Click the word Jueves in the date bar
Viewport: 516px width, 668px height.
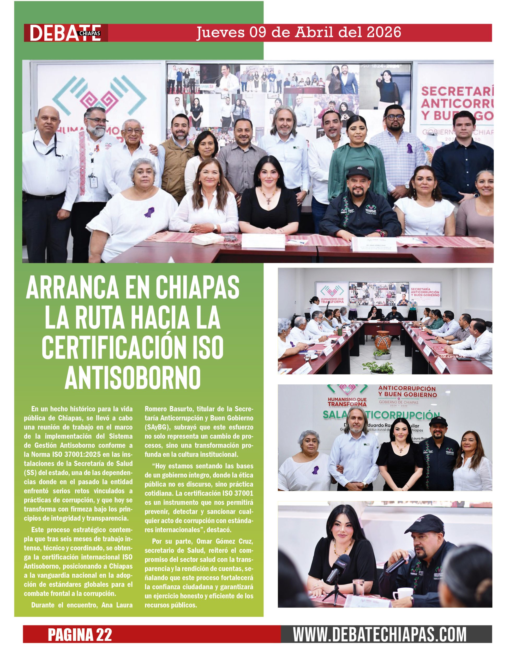click(x=220, y=32)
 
